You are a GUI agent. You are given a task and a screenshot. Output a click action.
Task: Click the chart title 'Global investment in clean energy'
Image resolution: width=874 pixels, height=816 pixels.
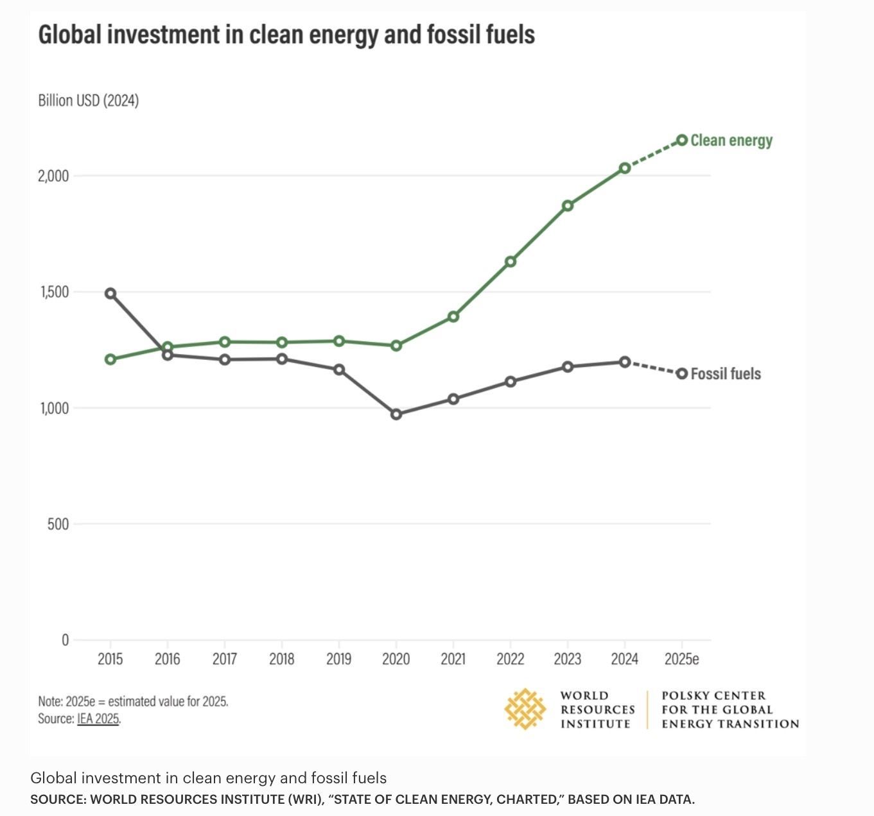[286, 35]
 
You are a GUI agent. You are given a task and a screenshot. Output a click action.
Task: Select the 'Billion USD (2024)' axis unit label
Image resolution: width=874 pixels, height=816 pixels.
[88, 101]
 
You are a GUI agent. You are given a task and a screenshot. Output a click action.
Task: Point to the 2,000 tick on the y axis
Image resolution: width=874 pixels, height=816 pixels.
[53, 176]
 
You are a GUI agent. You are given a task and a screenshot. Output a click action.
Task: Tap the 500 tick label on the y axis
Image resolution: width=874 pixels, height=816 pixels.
[58, 524]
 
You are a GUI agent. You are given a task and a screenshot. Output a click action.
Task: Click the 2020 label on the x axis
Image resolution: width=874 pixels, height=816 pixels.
[396, 659]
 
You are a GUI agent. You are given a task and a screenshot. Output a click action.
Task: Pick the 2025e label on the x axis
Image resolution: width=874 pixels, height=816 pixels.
[681, 659]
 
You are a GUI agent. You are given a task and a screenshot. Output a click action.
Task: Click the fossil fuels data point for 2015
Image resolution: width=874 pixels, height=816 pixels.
[110, 293]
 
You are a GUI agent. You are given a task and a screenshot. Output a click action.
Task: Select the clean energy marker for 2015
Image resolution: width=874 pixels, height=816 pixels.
[110, 359]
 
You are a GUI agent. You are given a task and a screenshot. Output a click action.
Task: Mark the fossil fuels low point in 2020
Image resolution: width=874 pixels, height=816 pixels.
[396, 414]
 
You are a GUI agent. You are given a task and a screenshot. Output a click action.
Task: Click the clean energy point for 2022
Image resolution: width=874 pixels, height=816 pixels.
[511, 262]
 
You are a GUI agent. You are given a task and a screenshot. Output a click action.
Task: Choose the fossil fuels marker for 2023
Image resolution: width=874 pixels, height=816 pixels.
[568, 367]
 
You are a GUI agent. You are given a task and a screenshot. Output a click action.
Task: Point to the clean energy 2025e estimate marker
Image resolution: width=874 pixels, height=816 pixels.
[682, 140]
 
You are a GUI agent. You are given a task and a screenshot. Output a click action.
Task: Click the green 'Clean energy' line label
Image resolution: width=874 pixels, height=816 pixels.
[731, 140]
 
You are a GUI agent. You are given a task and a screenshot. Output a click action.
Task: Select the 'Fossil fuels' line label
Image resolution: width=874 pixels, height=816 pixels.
[726, 374]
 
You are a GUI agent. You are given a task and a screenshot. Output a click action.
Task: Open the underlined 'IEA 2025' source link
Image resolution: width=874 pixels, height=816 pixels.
[98, 718]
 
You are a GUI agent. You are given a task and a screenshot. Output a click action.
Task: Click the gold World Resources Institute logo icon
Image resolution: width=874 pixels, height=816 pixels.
[525, 709]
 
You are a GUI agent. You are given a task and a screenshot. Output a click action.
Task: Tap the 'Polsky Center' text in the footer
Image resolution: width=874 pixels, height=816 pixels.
[713, 695]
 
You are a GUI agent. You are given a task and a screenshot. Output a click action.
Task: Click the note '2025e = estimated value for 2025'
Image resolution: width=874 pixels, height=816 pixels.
[133, 701]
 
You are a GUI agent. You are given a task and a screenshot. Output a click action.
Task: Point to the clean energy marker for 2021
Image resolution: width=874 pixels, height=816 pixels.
[453, 316]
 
